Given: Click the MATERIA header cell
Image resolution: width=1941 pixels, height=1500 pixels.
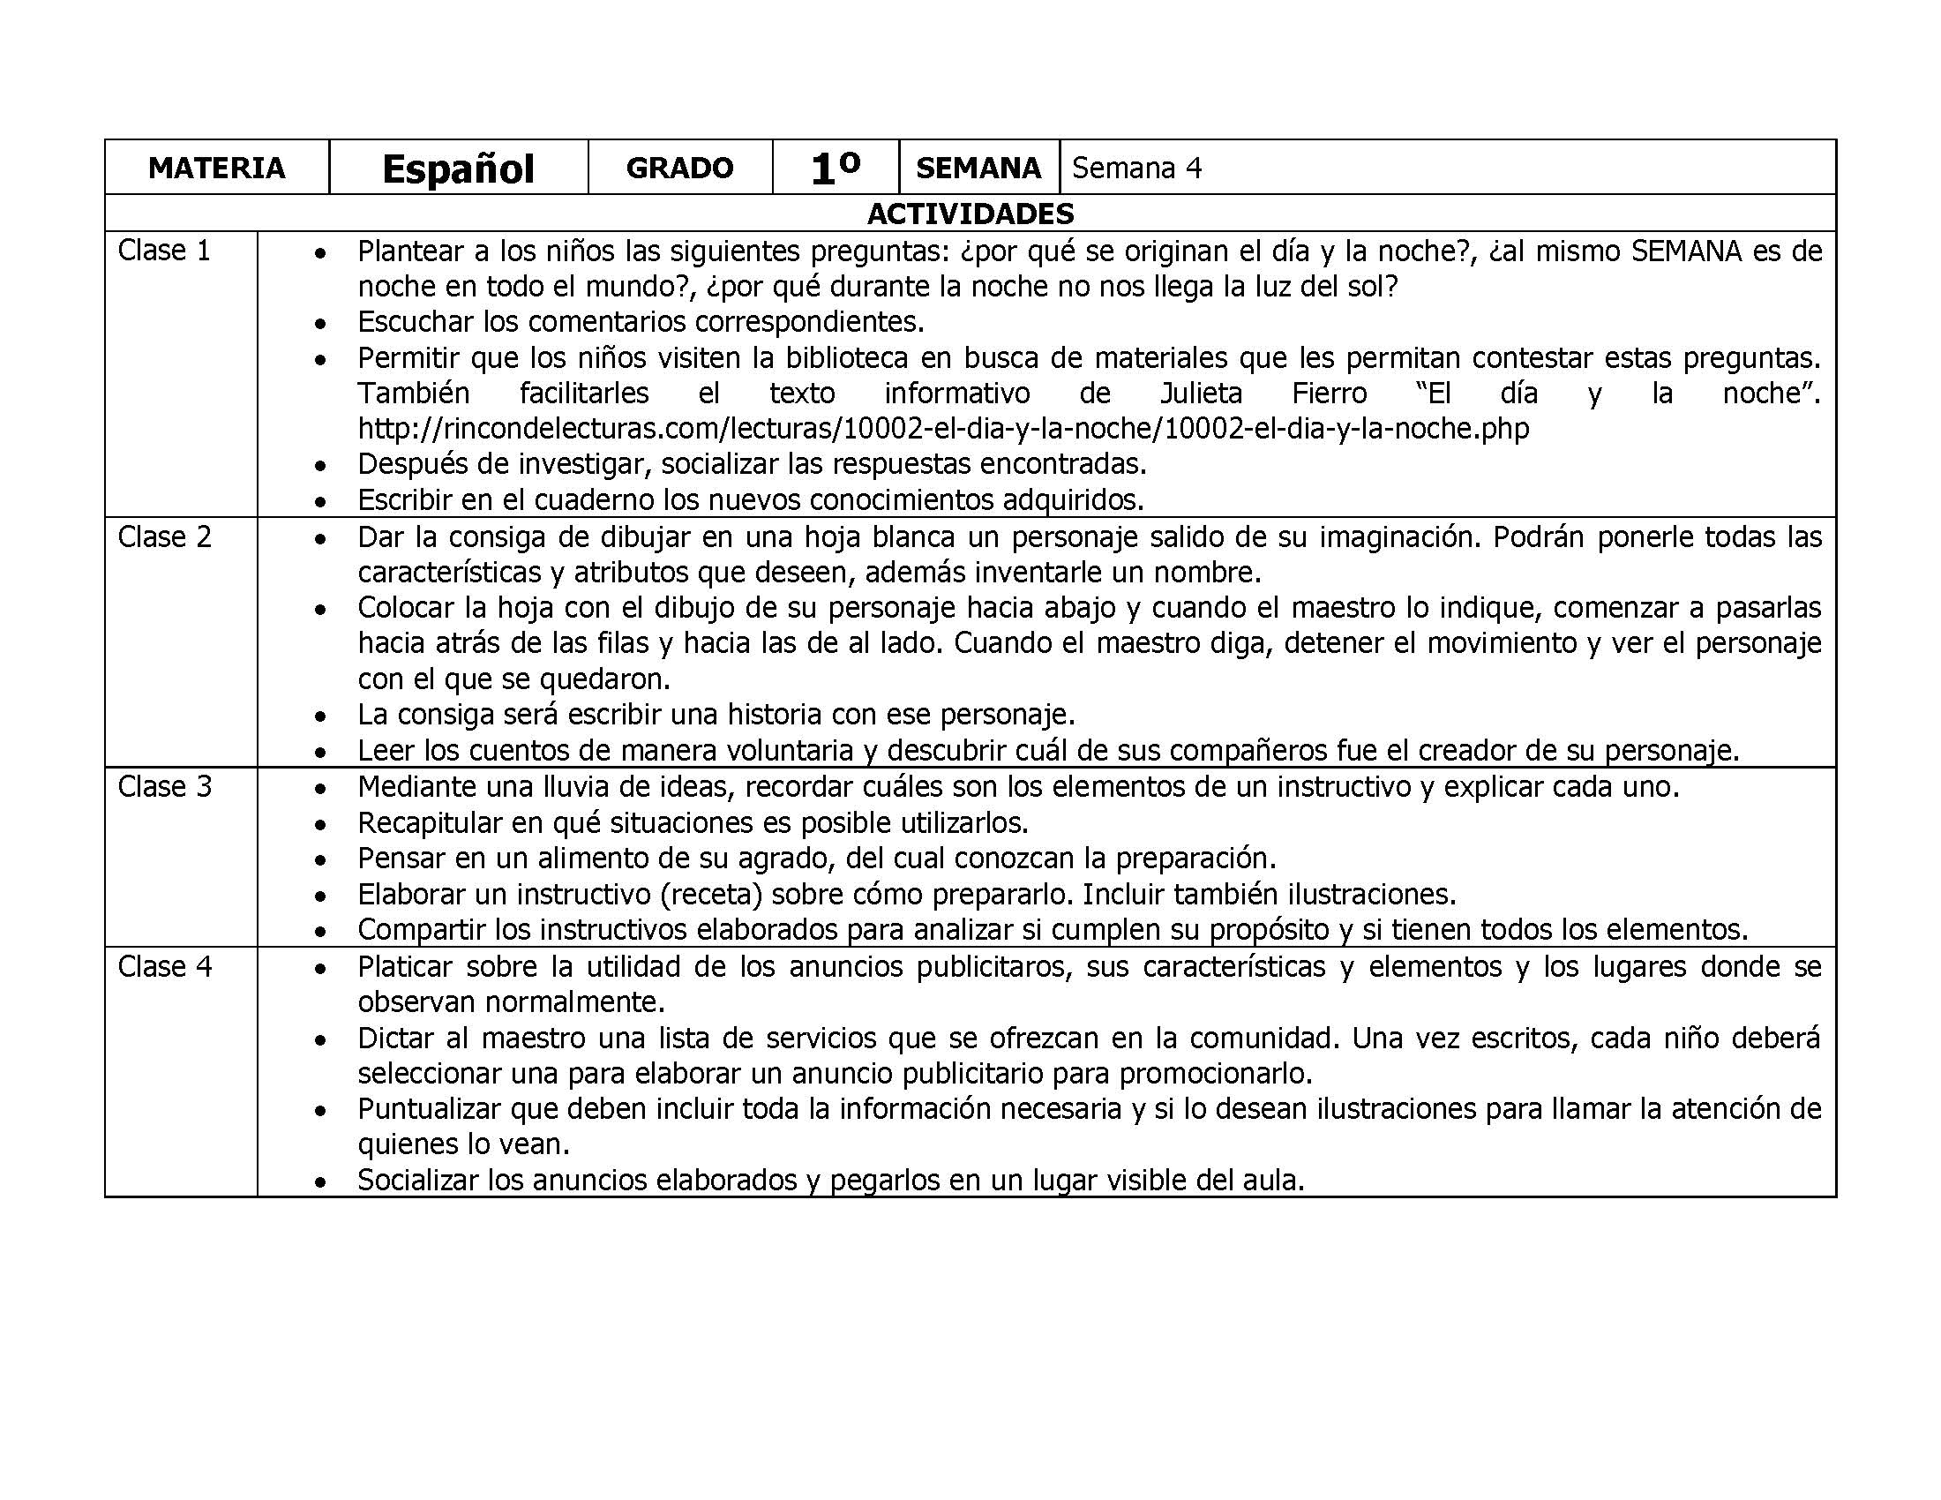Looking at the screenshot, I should click(216, 168).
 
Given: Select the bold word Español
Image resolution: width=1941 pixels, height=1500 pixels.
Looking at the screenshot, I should click(458, 169).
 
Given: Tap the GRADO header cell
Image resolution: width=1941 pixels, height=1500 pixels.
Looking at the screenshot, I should click(679, 168).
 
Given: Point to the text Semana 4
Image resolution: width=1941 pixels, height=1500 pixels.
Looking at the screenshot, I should click(1135, 168).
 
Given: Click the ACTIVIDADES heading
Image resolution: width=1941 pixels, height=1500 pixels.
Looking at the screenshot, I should click(970, 214).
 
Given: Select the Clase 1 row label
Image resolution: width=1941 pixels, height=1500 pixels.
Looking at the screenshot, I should click(164, 251).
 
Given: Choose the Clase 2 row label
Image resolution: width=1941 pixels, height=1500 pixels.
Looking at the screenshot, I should click(164, 536).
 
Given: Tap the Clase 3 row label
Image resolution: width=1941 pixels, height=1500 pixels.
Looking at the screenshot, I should click(164, 786).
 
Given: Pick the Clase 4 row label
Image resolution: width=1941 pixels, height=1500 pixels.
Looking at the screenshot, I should click(164, 966).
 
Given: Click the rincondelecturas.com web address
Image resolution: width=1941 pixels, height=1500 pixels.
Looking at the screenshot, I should click(943, 429).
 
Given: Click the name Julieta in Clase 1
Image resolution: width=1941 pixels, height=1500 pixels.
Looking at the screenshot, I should click(1202, 393).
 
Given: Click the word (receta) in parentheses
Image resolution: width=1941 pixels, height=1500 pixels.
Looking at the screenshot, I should click(717, 894).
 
